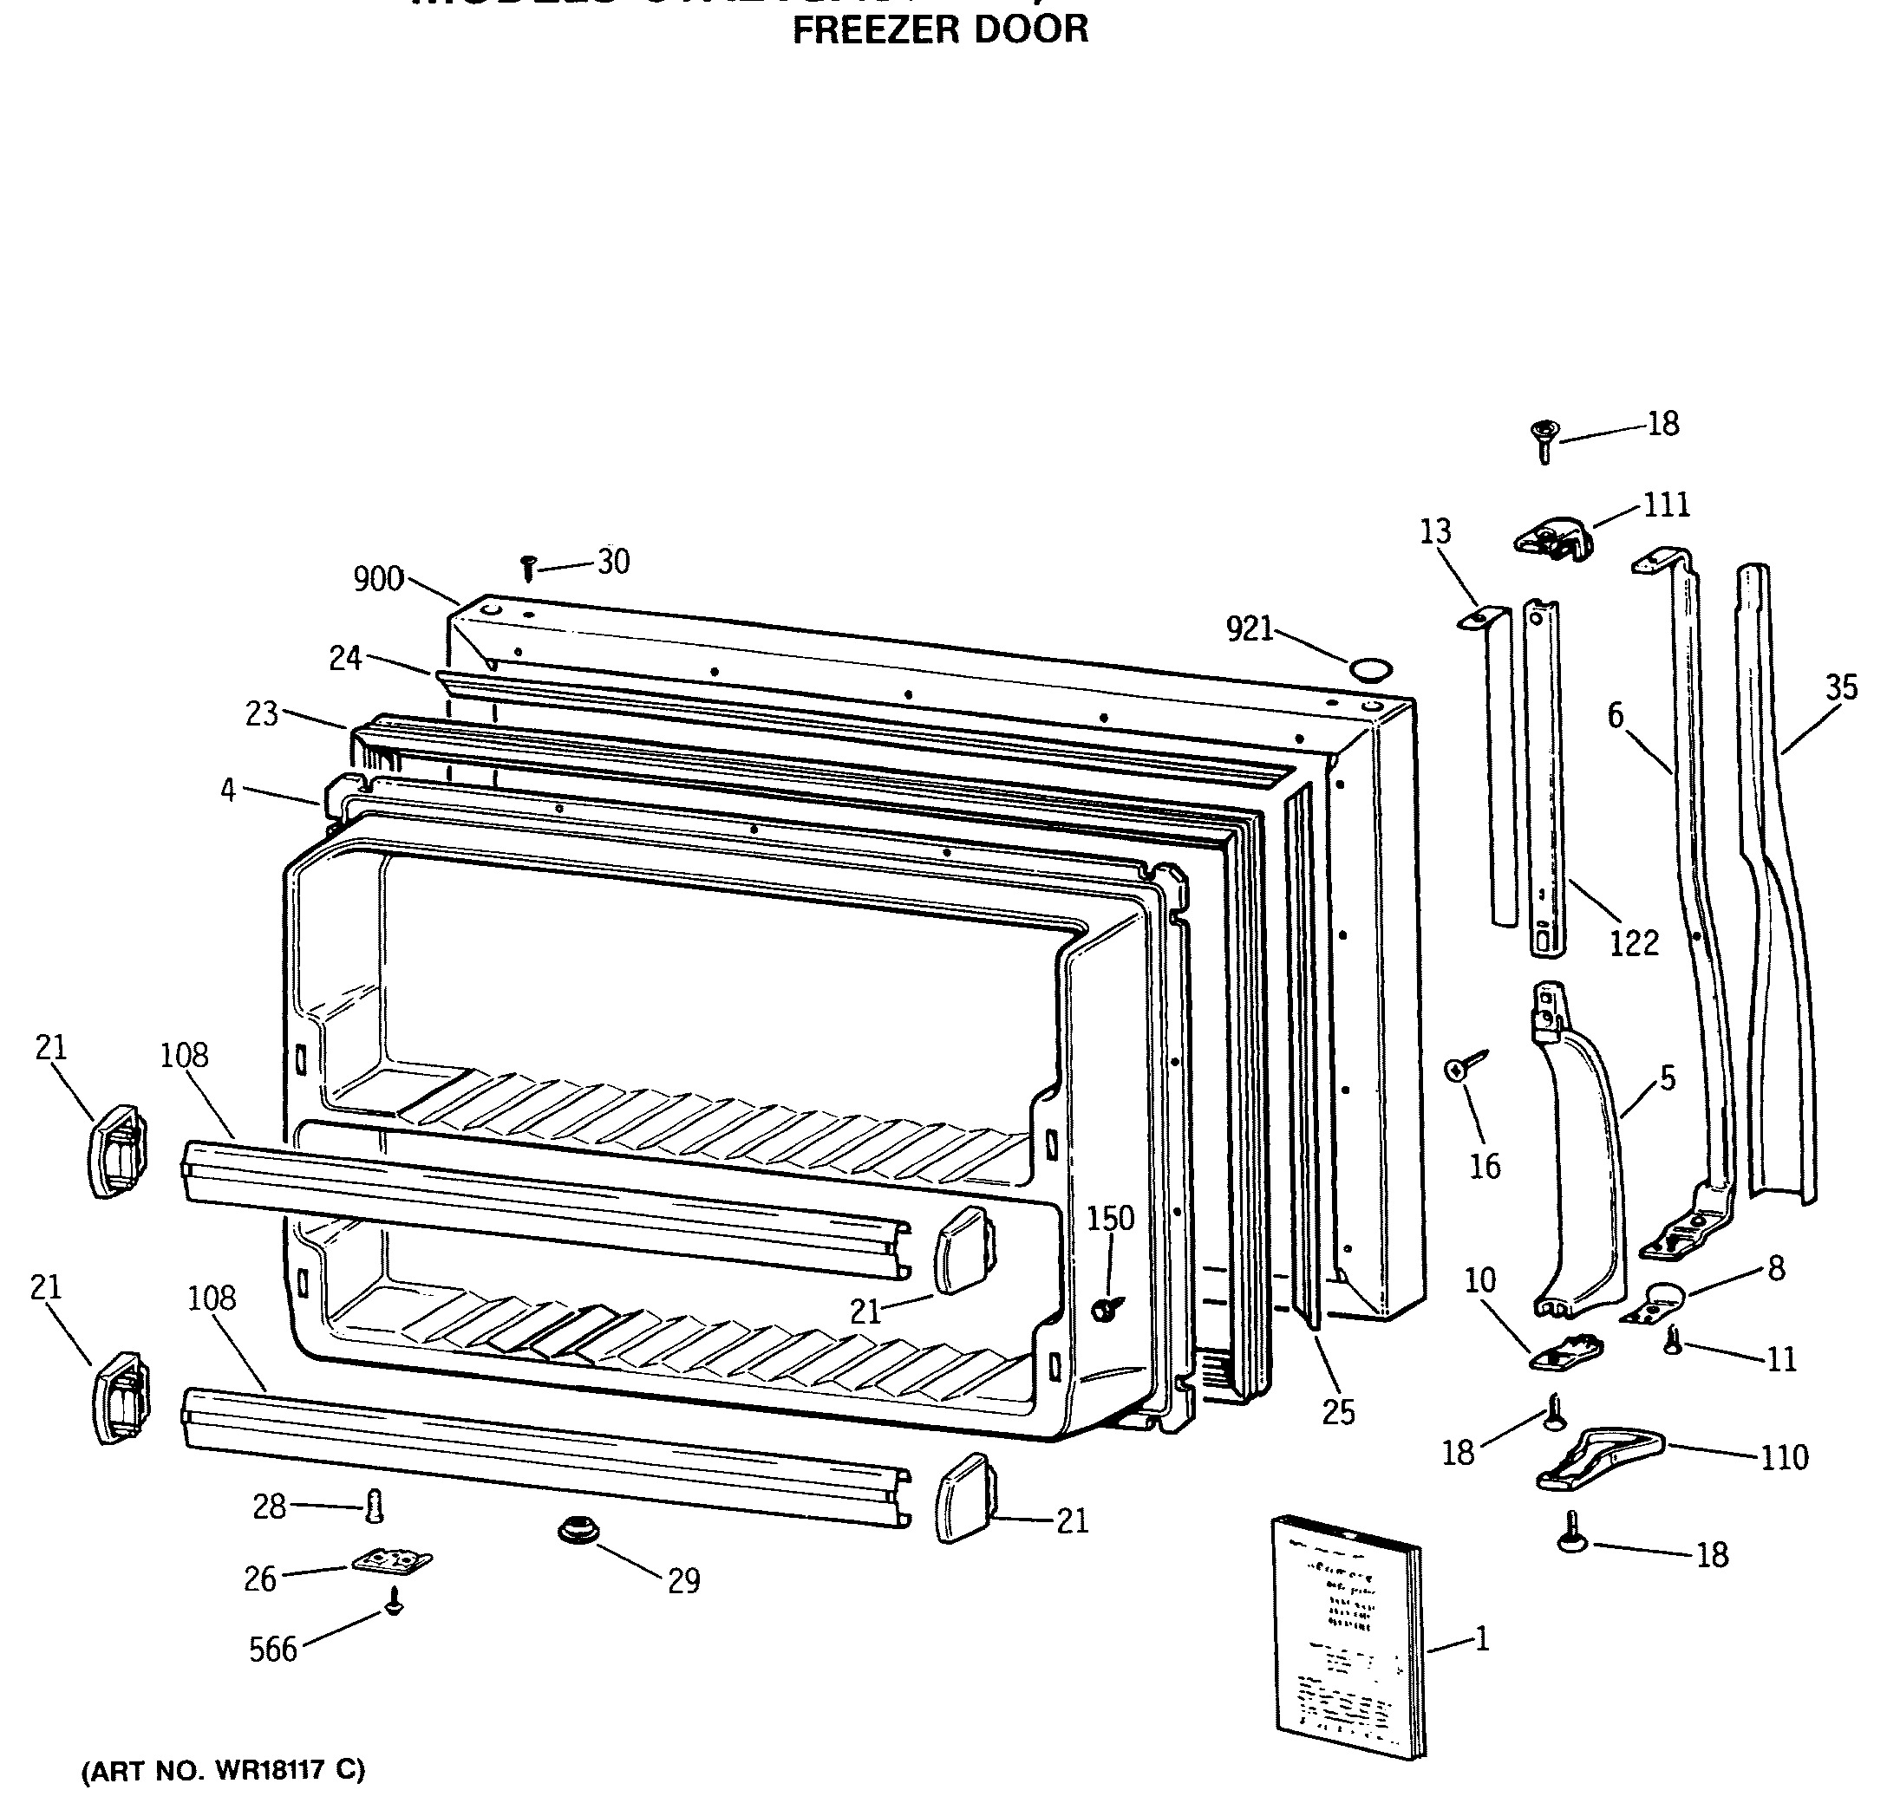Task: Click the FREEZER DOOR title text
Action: tap(939, 29)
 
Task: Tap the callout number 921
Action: tap(1249, 629)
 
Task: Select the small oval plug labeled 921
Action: tap(1369, 669)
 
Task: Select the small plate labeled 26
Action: tap(391, 1562)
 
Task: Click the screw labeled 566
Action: tap(392, 1601)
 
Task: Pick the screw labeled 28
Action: tap(375, 1506)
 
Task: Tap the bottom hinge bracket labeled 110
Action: tap(1597, 1457)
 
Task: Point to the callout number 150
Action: tap(1110, 1219)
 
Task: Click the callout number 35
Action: tap(1841, 687)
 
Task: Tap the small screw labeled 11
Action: tap(1673, 1341)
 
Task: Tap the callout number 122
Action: tap(1634, 943)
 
